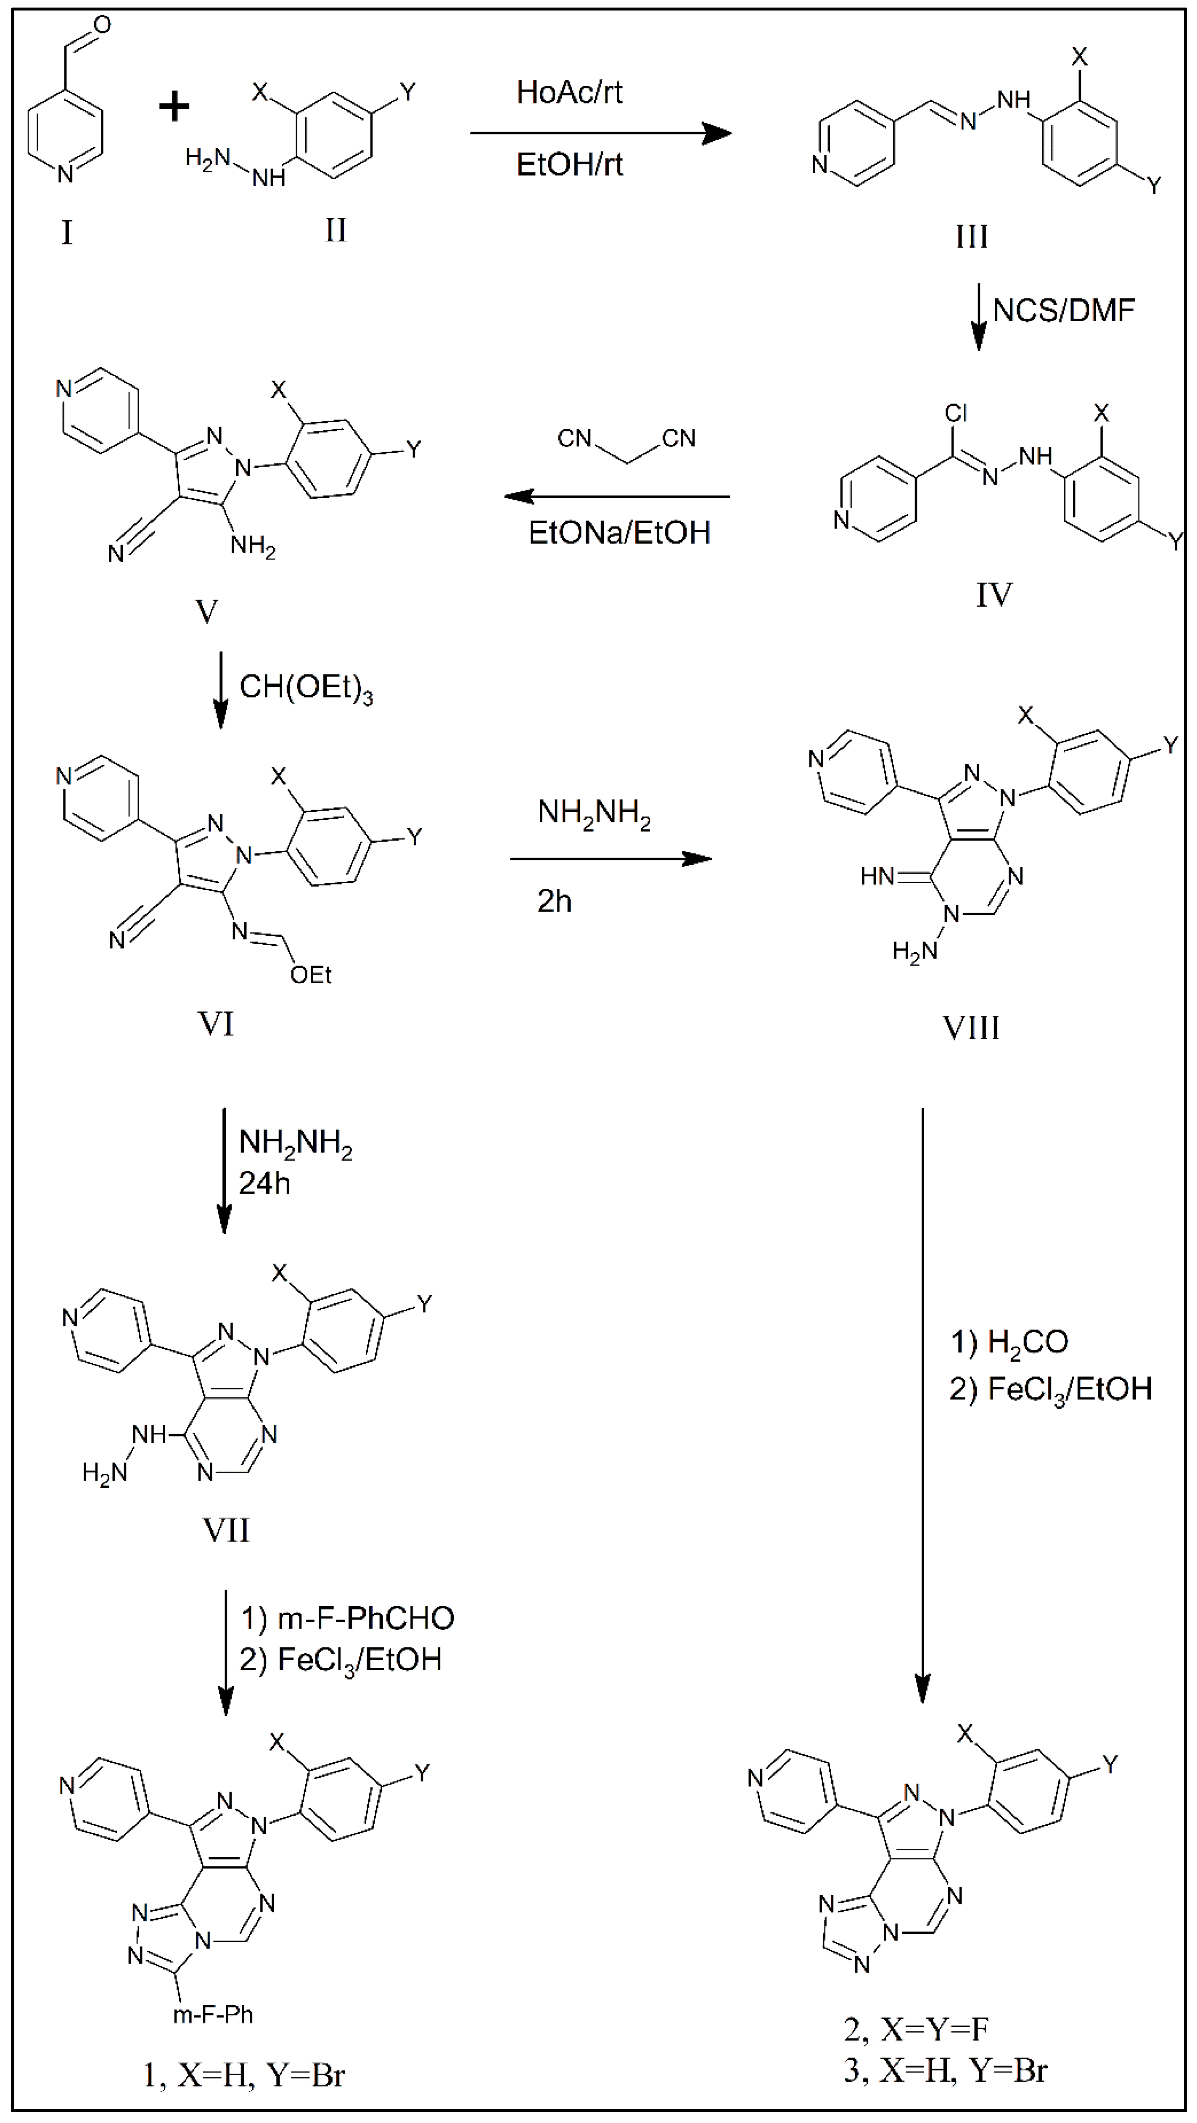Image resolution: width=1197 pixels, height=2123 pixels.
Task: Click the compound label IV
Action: point(994,594)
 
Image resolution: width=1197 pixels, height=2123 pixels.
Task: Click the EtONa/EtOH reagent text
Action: point(619,532)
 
